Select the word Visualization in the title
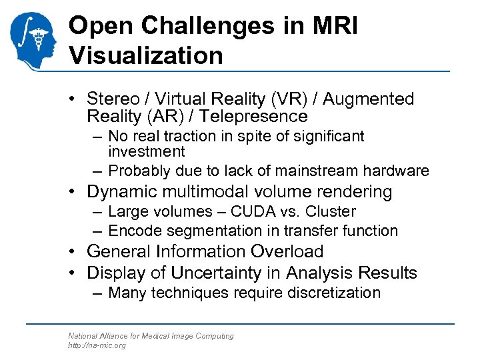point(146,55)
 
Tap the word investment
point(146,151)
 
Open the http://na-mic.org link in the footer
point(96,345)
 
